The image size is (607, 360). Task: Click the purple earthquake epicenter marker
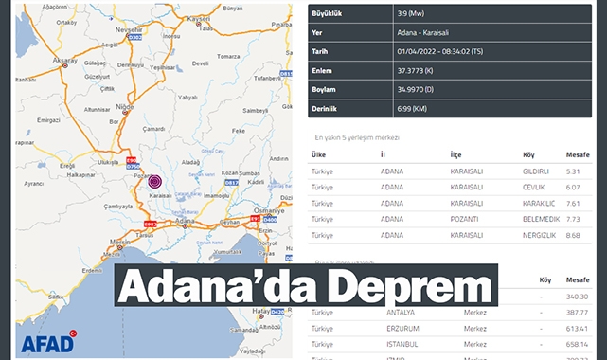pyautogui.click(x=155, y=181)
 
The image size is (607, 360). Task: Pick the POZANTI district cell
pyautogui.click(x=466, y=219)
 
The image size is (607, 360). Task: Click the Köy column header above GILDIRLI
pyautogui.click(x=528, y=154)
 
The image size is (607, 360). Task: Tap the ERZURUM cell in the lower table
pyautogui.click(x=403, y=328)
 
